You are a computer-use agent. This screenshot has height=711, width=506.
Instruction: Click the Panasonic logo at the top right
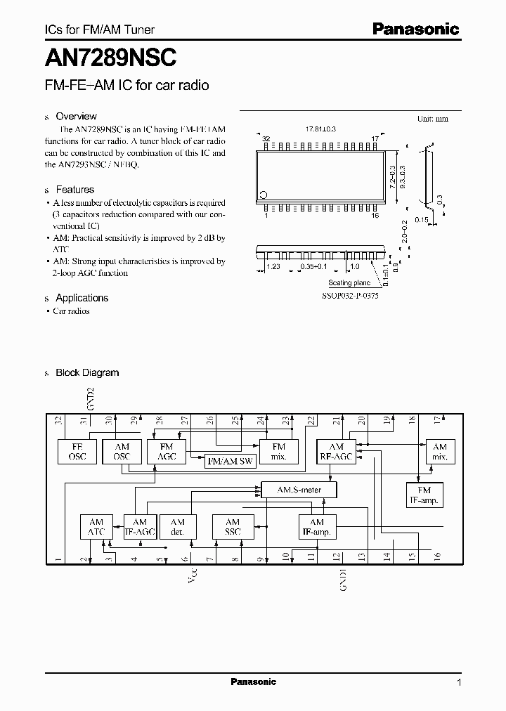click(415, 30)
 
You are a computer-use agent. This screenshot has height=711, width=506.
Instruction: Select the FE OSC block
click(77, 451)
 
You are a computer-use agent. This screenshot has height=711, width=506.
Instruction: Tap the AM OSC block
click(122, 451)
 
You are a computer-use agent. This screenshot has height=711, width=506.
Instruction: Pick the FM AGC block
click(167, 451)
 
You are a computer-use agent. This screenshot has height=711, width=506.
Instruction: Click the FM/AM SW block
click(229, 462)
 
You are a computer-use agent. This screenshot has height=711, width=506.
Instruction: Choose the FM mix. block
click(279, 451)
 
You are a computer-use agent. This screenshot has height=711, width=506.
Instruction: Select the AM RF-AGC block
click(337, 451)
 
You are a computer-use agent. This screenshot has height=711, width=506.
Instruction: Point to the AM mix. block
click(440, 451)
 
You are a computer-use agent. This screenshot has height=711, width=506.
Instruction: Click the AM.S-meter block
click(299, 489)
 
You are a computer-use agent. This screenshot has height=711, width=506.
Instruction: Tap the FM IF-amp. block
click(424, 494)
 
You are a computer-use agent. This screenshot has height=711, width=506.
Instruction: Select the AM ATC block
click(96, 527)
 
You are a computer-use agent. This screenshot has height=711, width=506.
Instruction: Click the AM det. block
click(177, 527)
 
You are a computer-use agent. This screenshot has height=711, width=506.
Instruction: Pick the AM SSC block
click(233, 527)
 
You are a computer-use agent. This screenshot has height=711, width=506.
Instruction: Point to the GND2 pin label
click(90, 398)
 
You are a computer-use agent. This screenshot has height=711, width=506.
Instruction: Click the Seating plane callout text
click(349, 283)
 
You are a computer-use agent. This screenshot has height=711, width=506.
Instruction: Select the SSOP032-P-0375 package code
click(349, 296)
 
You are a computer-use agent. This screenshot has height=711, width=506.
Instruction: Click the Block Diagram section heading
click(87, 372)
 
